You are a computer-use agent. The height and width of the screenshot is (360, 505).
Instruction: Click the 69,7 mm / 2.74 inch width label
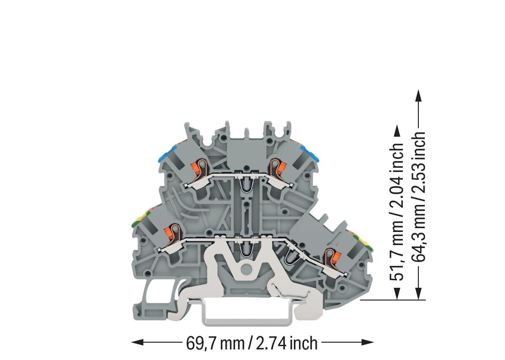point(252,343)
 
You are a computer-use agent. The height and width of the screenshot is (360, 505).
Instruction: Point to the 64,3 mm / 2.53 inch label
point(419,196)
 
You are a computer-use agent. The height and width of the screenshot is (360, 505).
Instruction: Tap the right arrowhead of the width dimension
point(367,342)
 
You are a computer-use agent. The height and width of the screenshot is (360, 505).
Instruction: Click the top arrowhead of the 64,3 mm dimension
point(418,96)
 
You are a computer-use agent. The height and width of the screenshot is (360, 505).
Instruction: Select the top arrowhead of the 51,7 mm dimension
point(397,131)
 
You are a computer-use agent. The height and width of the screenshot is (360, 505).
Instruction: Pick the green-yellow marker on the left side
point(141,218)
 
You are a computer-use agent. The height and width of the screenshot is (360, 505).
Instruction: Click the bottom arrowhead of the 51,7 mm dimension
point(397,293)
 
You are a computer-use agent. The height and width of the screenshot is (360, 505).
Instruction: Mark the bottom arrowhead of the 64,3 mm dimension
point(418,293)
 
